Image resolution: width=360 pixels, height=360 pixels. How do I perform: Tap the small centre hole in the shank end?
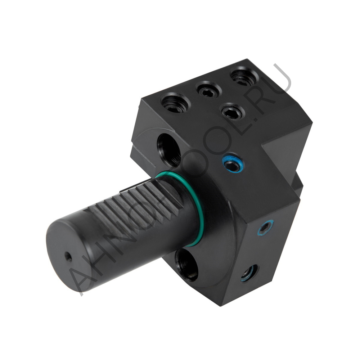click(67, 256)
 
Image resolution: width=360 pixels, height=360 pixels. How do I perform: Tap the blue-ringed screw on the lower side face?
click(265, 228)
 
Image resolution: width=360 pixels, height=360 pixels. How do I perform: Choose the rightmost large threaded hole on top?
click(244, 76)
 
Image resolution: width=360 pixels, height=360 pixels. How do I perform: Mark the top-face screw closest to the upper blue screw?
click(232, 111)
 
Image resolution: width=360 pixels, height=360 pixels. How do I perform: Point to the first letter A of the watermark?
click(81, 277)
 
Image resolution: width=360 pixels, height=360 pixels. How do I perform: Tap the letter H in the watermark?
click(104, 252)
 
